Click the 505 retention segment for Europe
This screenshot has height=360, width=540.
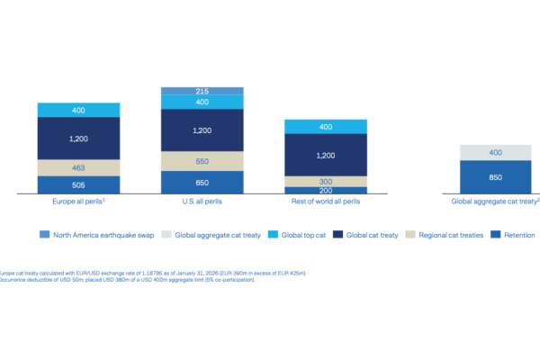coord(78,184)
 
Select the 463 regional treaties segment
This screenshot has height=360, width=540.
coord(78,167)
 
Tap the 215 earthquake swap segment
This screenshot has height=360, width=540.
coord(202,92)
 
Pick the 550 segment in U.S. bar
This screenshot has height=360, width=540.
coord(202,160)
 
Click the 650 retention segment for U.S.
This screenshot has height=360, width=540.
coord(202,183)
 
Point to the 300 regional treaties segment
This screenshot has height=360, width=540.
coord(325,181)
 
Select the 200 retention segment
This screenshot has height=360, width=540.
coord(325,191)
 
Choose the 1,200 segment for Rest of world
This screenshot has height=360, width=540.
coord(325,155)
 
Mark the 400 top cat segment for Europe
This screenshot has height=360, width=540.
coord(78,110)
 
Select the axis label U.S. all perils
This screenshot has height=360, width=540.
coord(202,202)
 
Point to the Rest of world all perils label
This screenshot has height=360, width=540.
coord(325,202)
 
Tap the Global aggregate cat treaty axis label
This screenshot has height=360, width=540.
coord(494,202)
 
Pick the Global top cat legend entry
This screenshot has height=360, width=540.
coord(301,235)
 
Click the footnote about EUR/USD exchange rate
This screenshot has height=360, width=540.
coord(153,273)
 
